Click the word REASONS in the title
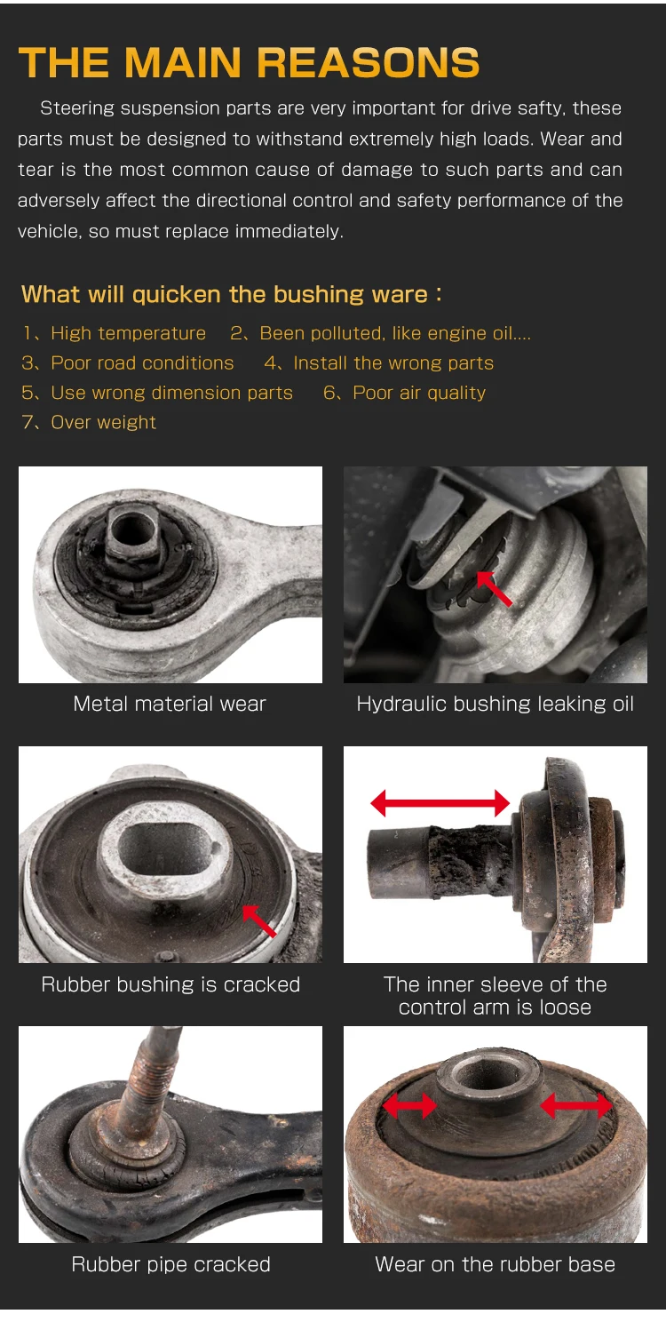point(369,63)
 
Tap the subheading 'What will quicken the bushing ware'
point(231,294)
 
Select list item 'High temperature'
point(128,333)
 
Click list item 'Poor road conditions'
point(142,362)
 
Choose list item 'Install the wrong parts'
point(392,362)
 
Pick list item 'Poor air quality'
point(418,393)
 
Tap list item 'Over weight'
point(103,422)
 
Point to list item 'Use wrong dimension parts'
point(171,393)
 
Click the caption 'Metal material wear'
point(170,704)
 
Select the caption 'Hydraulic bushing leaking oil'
point(495,704)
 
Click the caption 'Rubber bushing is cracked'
point(170,984)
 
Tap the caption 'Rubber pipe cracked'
point(170,1264)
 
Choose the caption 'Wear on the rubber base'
point(495,1264)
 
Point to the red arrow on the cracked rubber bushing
point(259,920)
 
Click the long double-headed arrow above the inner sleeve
point(440,803)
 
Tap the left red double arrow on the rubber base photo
point(409,1106)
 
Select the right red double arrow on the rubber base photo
point(576,1106)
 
